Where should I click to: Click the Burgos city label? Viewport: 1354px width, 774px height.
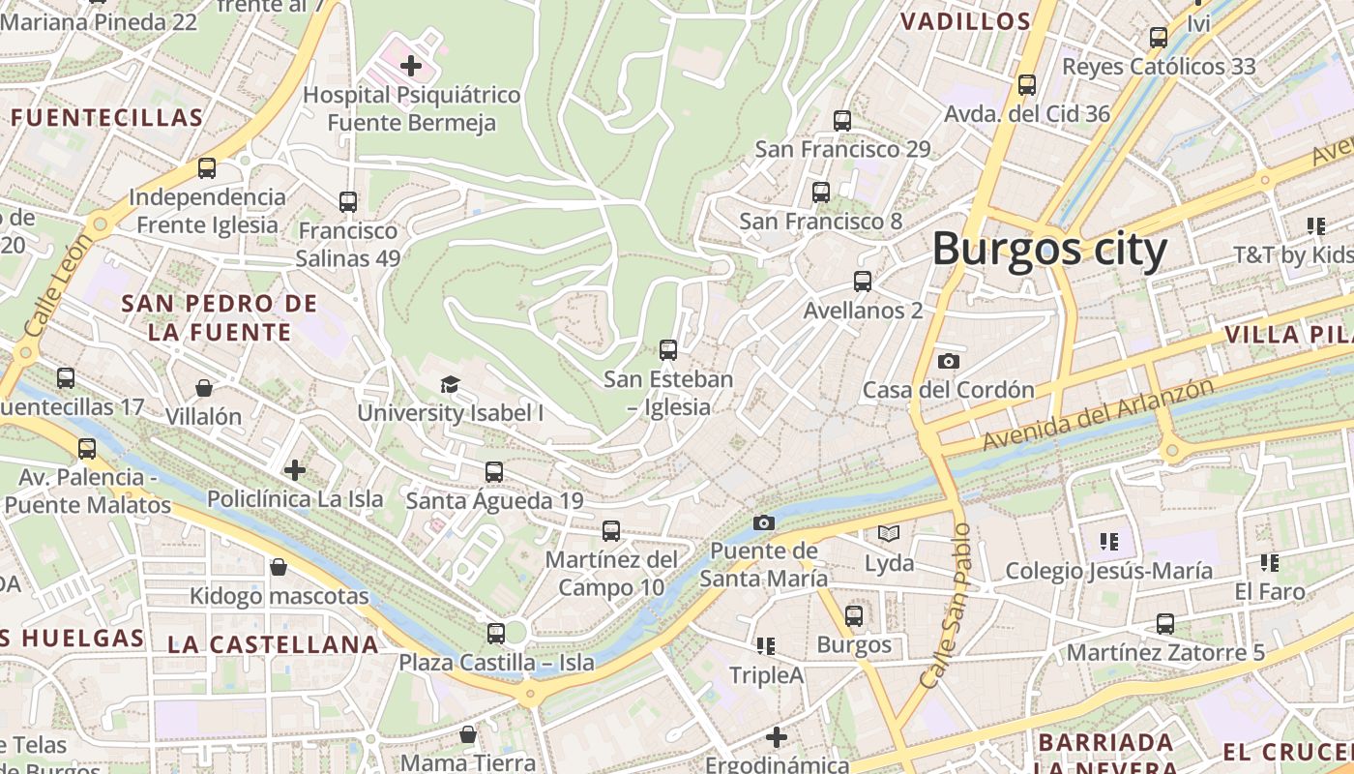pyautogui.click(x=1049, y=249)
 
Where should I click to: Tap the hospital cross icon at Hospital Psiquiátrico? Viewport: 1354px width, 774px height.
pyautogui.click(x=411, y=66)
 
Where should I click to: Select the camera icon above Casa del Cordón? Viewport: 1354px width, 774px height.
pyautogui.click(x=949, y=361)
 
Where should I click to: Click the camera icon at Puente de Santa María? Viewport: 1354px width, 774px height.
pyautogui.click(x=763, y=522)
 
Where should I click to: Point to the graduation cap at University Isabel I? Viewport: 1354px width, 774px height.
pyautogui.click(x=450, y=384)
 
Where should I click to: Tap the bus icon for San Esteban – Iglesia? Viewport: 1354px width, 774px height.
pyautogui.click(x=667, y=349)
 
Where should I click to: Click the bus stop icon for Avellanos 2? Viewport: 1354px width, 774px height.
pyautogui.click(x=862, y=282)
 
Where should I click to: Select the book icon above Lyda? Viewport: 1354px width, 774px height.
pyautogui.click(x=888, y=533)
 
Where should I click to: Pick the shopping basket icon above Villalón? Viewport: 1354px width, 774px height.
pyautogui.click(x=204, y=388)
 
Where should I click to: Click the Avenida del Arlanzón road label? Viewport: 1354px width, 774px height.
pyautogui.click(x=1098, y=414)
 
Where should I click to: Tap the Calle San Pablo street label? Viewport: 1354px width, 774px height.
pyautogui.click(x=945, y=606)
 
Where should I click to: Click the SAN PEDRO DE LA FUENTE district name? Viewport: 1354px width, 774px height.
pyautogui.click(x=220, y=318)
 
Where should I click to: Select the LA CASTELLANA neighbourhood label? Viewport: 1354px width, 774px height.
pyautogui.click(x=273, y=644)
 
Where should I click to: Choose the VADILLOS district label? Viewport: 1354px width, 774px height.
pyautogui.click(x=965, y=21)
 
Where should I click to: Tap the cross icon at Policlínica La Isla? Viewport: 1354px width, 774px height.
pyautogui.click(x=295, y=470)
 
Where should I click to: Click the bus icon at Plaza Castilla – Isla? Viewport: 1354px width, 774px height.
pyautogui.click(x=496, y=634)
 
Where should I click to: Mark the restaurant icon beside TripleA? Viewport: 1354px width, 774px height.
pyautogui.click(x=766, y=645)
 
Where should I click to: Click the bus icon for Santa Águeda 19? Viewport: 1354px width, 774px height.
pyautogui.click(x=494, y=472)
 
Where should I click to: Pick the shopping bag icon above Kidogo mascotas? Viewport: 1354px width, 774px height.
pyautogui.click(x=279, y=566)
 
